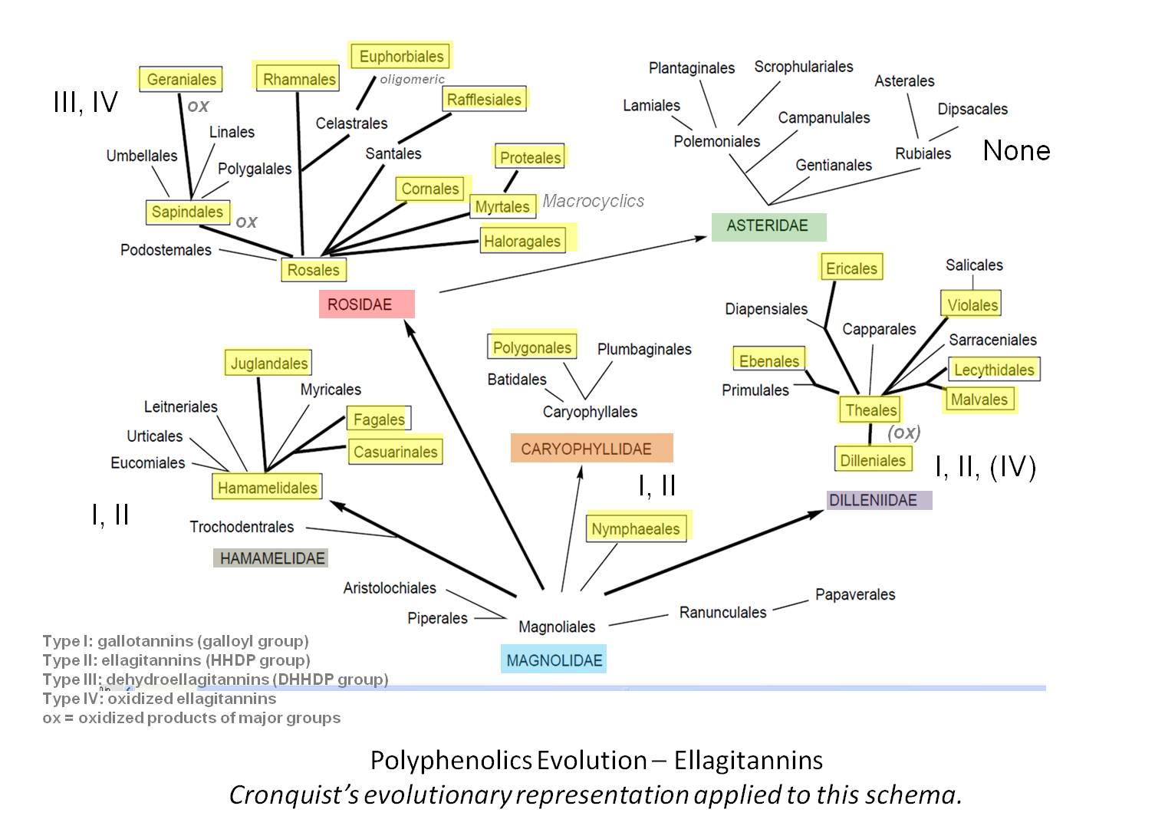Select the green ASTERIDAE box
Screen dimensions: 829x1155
[768, 226]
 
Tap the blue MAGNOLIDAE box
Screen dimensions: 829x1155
[554, 660]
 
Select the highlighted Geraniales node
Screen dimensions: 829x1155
[181, 79]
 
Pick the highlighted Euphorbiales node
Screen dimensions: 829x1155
[400, 56]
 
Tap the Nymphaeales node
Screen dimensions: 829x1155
[636, 528]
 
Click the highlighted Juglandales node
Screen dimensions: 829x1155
[268, 363]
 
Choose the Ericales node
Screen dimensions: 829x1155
[851, 268]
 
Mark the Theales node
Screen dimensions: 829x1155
[870, 410]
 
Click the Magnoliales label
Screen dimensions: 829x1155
[557, 627]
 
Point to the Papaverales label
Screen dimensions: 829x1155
[854, 594]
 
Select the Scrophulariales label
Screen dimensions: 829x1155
[803, 67]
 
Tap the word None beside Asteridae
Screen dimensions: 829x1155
[1016, 150]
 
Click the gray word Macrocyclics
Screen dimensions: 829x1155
[593, 201]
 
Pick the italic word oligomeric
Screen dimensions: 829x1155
[412, 80]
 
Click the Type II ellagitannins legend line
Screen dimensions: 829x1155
[176, 660]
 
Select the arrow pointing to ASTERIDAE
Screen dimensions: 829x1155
[575, 264]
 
